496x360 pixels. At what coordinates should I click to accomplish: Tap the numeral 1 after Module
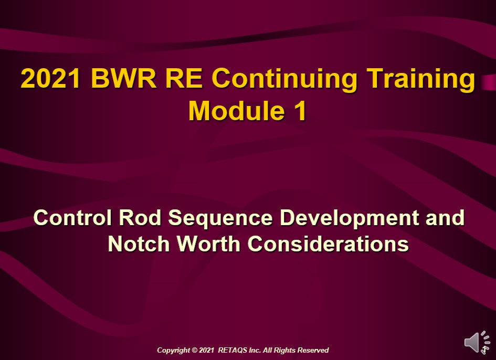pyautogui.click(x=299, y=111)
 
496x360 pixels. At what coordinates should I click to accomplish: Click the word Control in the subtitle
pyautogui.click(x=71, y=217)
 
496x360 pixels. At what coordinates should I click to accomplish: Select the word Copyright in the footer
pyautogui.click(x=173, y=350)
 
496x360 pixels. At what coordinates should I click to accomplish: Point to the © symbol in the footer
pyautogui.click(x=194, y=350)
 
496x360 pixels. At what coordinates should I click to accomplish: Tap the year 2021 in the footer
pyautogui.click(x=207, y=350)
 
